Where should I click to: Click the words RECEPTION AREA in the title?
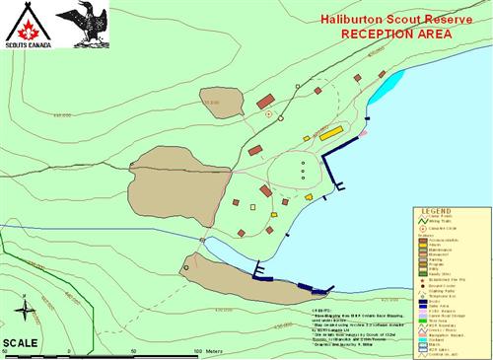[x=396, y=34]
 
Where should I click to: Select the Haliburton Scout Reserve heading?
[x=391, y=18]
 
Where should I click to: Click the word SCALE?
[x=21, y=342]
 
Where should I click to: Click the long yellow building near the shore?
[x=331, y=131]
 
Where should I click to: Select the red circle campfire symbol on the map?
[x=268, y=115]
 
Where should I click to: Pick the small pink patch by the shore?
[x=363, y=131]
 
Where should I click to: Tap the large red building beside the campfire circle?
[x=265, y=101]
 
